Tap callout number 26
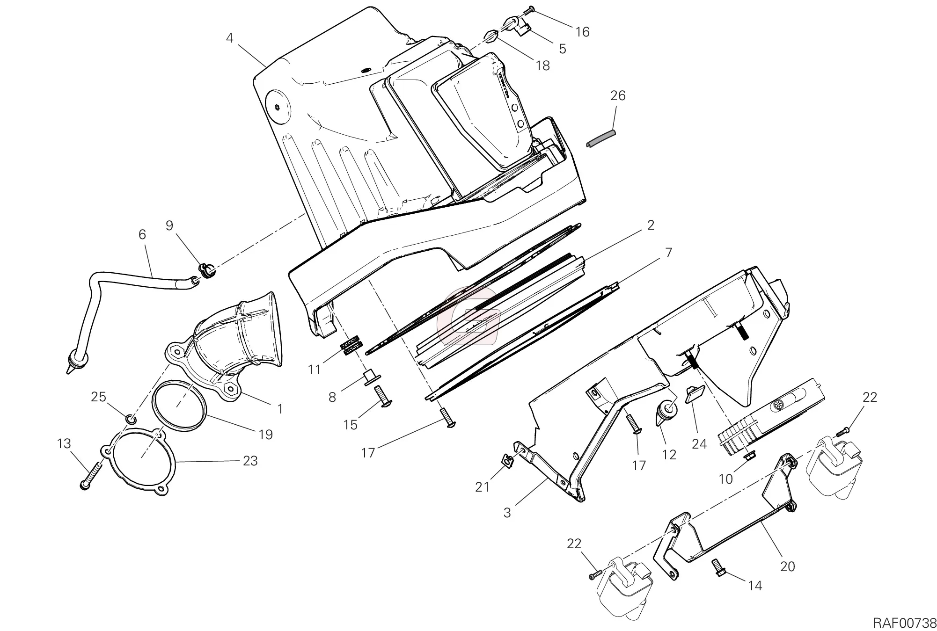[618, 95]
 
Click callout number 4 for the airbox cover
[229, 38]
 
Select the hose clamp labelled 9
[205, 270]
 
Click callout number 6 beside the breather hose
[142, 234]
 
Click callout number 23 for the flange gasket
[250, 461]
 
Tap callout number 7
[668, 253]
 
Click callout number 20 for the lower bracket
[788, 566]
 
